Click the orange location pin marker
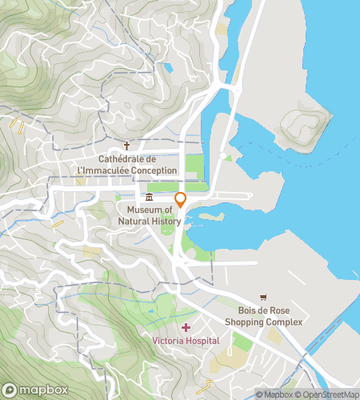[181, 200]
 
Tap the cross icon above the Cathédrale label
[126, 146]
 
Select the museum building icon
[150, 198]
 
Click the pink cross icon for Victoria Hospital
[186, 328]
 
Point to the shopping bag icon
[264, 298]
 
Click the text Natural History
[149, 220]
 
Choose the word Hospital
[203, 340]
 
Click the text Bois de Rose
[263, 310]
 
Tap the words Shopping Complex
[263, 322]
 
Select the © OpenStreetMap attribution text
[326, 394]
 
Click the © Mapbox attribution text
[274, 394]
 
